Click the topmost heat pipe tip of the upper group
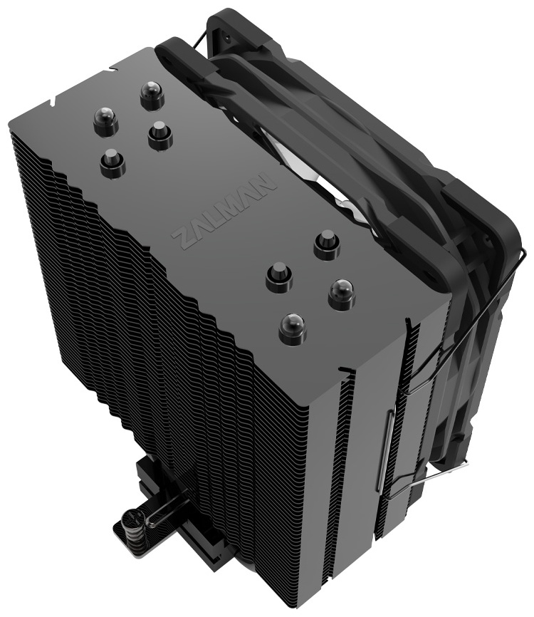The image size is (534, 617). coord(152,94)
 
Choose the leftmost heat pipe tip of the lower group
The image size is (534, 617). coord(278,276)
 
